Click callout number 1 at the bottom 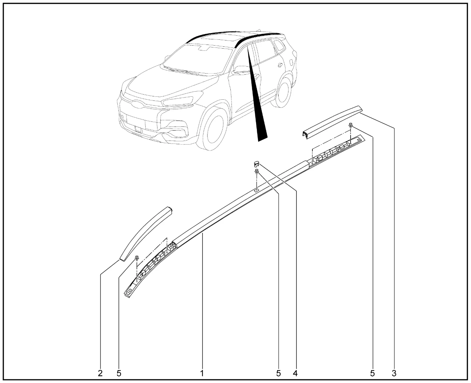[202, 373]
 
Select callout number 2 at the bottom [100, 373]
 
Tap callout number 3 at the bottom [394, 373]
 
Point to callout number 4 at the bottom [295, 373]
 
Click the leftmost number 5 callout [119, 373]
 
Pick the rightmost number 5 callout [372, 373]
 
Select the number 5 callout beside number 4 [279, 373]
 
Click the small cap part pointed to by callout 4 [256, 164]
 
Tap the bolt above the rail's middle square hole [257, 172]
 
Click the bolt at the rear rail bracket [350, 125]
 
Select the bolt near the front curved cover [137, 258]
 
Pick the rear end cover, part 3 [332, 122]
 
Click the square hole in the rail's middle [256, 190]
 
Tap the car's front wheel [212, 129]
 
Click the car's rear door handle [280, 65]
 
